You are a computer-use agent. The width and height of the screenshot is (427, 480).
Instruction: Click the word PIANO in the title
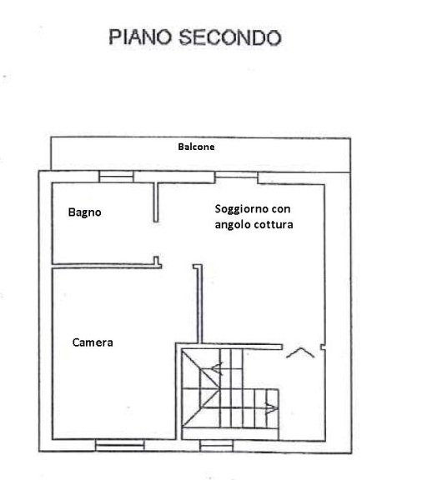(x=140, y=37)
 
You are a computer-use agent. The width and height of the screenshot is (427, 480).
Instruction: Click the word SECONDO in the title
(x=230, y=37)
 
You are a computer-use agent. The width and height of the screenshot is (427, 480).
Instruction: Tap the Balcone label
(x=196, y=147)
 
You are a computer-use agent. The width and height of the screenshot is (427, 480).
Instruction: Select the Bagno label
(x=84, y=212)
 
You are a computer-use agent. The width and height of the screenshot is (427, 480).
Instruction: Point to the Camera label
(x=93, y=342)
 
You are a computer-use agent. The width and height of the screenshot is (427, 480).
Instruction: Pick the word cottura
(x=274, y=225)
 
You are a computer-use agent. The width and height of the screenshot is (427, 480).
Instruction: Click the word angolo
(x=233, y=225)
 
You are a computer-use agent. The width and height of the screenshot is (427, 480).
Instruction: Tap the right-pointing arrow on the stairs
(x=271, y=407)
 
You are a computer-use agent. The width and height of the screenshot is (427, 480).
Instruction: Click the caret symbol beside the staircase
(x=300, y=352)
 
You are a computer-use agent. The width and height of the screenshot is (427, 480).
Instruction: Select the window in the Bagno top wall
(x=117, y=177)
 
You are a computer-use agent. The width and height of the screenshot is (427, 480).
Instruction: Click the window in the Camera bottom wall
(x=120, y=445)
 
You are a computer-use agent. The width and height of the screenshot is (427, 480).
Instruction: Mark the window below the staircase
(x=217, y=446)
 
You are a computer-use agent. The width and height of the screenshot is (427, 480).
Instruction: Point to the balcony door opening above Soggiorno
(x=236, y=175)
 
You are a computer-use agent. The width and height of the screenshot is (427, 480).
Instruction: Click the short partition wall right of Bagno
(x=156, y=202)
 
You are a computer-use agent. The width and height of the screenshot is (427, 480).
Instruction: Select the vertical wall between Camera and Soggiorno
(x=199, y=303)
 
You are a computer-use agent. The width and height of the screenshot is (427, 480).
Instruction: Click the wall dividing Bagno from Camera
(x=107, y=266)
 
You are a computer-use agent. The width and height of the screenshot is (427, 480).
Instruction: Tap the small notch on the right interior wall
(x=323, y=347)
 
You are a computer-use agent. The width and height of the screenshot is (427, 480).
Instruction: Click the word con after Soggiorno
(x=280, y=209)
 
